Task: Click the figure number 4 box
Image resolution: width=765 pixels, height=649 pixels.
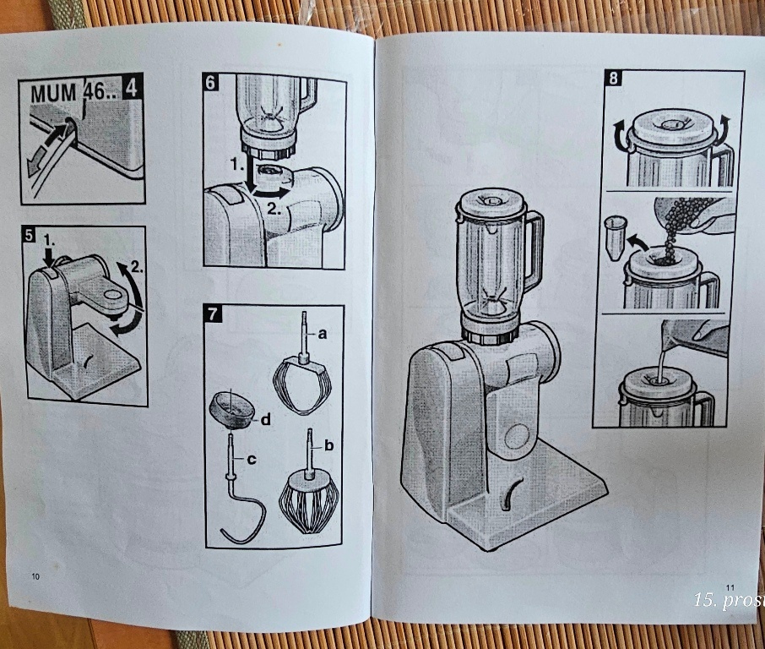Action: click(133, 88)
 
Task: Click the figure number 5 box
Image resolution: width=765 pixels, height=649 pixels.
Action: click(29, 236)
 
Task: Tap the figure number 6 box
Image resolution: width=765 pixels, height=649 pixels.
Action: click(211, 82)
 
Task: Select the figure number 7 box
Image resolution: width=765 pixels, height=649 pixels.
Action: click(213, 314)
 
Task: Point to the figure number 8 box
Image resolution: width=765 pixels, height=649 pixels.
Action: click(613, 79)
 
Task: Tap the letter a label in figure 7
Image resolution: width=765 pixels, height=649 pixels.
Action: click(322, 334)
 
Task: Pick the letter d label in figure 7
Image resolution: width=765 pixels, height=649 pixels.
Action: click(264, 419)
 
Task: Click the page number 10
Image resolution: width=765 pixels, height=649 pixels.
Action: click(35, 576)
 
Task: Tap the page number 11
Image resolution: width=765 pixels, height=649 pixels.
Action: click(730, 587)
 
